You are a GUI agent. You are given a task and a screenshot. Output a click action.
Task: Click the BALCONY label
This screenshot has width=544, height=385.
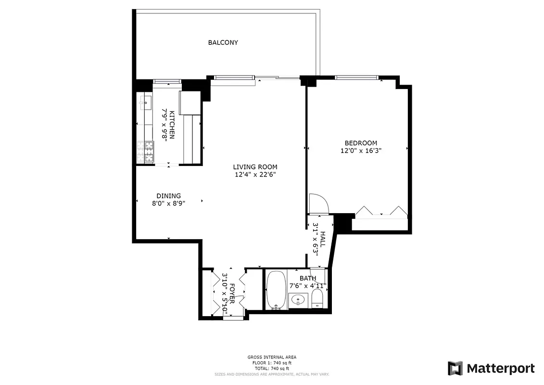tap(223, 42)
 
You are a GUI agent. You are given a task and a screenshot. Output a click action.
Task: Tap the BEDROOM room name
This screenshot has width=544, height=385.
tap(361, 143)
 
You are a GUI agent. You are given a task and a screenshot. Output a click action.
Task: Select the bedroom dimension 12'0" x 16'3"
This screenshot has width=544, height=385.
tap(361, 151)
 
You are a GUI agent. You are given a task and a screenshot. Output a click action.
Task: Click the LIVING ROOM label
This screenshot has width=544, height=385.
tap(255, 167)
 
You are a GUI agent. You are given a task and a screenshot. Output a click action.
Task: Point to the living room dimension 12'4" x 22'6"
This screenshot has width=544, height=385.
tap(255, 175)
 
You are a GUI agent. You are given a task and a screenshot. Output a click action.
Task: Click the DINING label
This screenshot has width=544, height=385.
tap(168, 196)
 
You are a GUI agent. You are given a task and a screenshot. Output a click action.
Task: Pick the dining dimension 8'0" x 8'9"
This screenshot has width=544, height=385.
tap(168, 203)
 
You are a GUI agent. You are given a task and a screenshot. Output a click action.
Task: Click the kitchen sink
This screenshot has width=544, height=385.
tap(146, 103)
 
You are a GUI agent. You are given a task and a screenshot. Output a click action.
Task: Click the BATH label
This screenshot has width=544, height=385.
tap(308, 278)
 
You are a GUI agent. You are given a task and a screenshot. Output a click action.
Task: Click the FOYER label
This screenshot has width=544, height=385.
tap(232, 293)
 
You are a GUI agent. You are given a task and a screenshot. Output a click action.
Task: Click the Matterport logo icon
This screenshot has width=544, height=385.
tap(455, 368)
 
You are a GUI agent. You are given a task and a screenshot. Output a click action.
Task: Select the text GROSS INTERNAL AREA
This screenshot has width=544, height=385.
tap(272, 357)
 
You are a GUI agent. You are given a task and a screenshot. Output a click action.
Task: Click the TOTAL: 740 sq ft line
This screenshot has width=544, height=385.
tap(272, 368)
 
